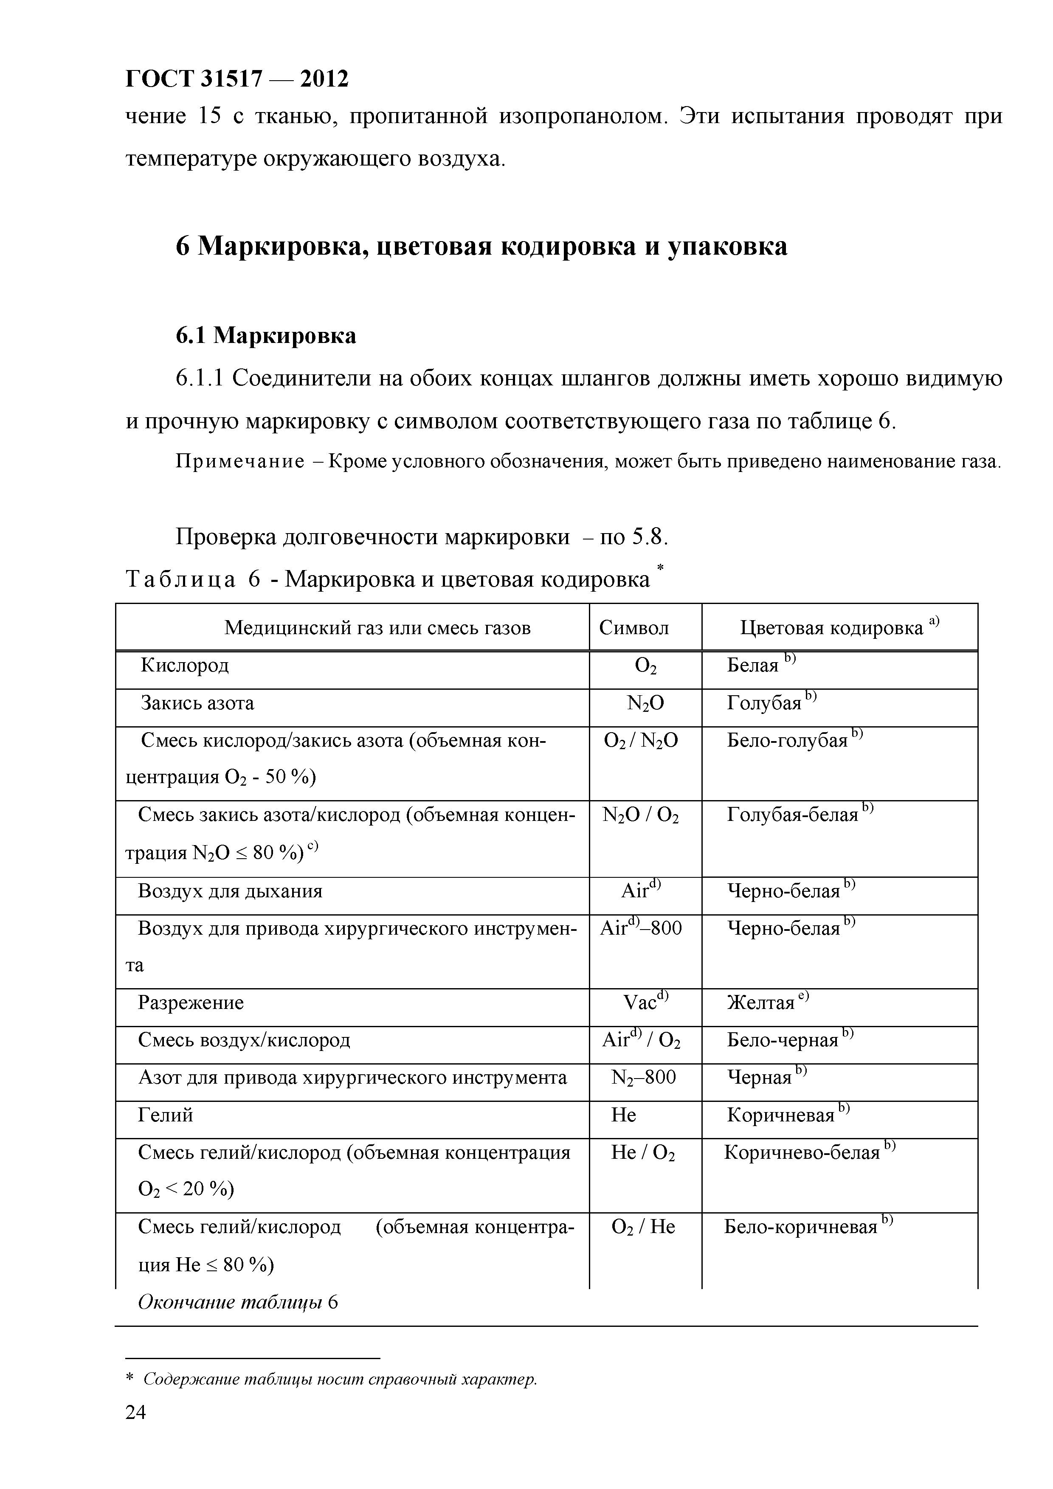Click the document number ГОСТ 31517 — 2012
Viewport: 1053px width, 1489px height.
[x=236, y=79]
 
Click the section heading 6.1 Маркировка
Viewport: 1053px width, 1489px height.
[x=266, y=335]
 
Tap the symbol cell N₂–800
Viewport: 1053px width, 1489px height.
[x=643, y=1077]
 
